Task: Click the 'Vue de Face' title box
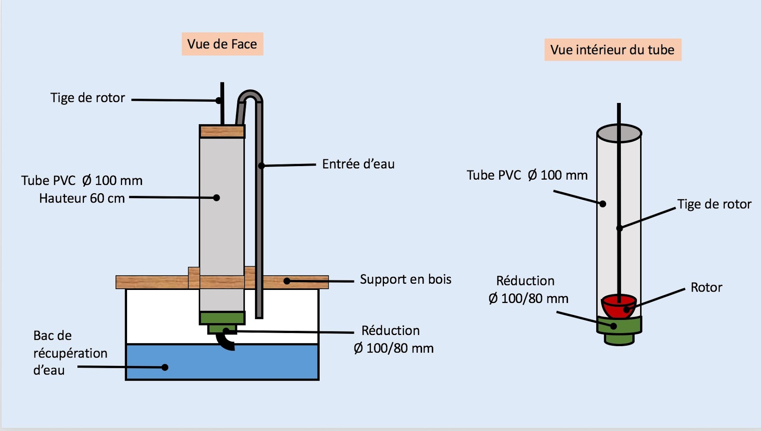point(222,44)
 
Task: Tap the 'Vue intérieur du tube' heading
point(612,50)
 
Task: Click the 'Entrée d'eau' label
point(358,164)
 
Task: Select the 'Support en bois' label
point(405,279)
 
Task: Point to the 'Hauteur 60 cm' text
point(82,198)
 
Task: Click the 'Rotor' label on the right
point(706,287)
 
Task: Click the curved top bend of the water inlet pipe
point(250,95)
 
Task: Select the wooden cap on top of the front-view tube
point(222,131)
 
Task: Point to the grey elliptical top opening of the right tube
point(619,133)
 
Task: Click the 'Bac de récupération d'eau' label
point(70,353)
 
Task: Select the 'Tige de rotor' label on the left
point(87,98)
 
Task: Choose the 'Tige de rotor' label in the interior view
point(714,204)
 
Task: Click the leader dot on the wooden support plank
point(287,281)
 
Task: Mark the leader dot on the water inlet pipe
point(261,166)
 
